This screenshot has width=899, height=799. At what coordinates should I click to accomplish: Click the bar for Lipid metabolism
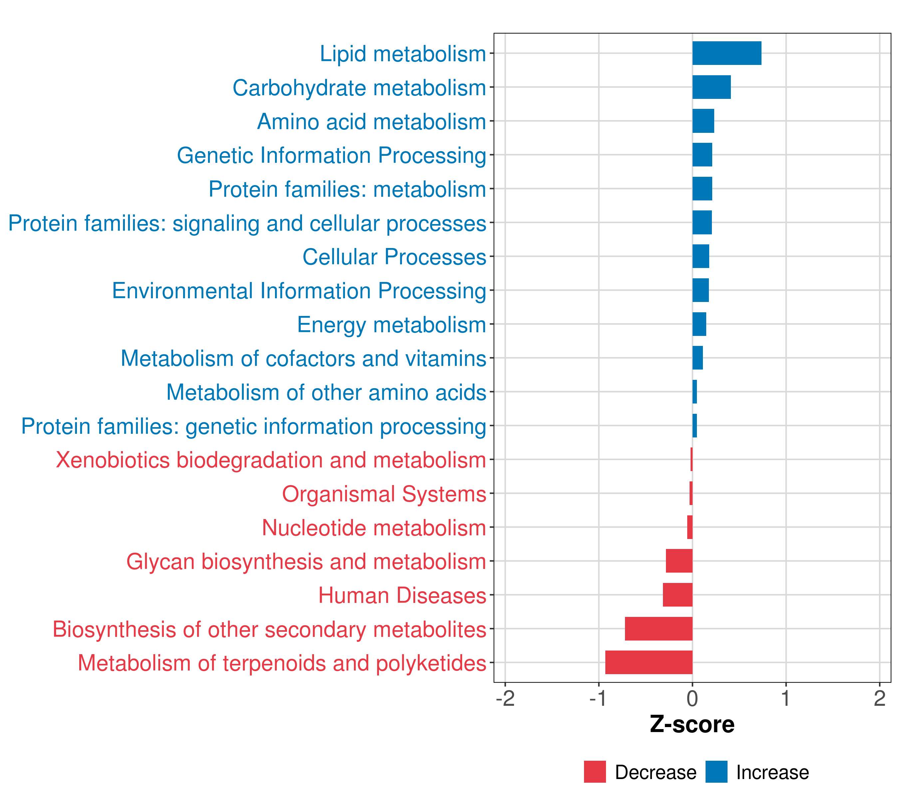pyautogui.click(x=727, y=53)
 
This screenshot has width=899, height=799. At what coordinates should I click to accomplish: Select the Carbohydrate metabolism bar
pyautogui.click(x=711, y=87)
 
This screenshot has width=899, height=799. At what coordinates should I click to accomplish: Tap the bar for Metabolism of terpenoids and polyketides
pyautogui.click(x=649, y=662)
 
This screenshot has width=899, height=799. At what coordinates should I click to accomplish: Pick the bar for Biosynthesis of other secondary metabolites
pyautogui.click(x=658, y=629)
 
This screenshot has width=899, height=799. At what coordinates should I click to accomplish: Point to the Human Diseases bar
pyautogui.click(x=677, y=595)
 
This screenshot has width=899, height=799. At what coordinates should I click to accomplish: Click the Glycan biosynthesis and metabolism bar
pyautogui.click(x=679, y=561)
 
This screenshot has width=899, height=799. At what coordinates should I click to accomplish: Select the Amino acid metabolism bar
pyautogui.click(x=703, y=121)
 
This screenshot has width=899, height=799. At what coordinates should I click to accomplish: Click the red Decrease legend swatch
pyautogui.click(x=595, y=772)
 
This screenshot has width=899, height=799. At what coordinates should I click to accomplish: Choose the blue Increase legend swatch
pyautogui.click(x=716, y=772)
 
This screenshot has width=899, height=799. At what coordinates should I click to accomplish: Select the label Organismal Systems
pyautogui.click(x=384, y=494)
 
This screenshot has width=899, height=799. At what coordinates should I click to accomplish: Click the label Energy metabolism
pyautogui.click(x=392, y=325)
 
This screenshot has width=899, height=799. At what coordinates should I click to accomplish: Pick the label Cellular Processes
pyautogui.click(x=394, y=257)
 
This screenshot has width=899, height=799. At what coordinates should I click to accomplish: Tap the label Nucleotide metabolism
pyautogui.click(x=374, y=528)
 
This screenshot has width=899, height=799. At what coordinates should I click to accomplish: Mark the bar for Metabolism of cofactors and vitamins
pyautogui.click(x=698, y=358)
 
